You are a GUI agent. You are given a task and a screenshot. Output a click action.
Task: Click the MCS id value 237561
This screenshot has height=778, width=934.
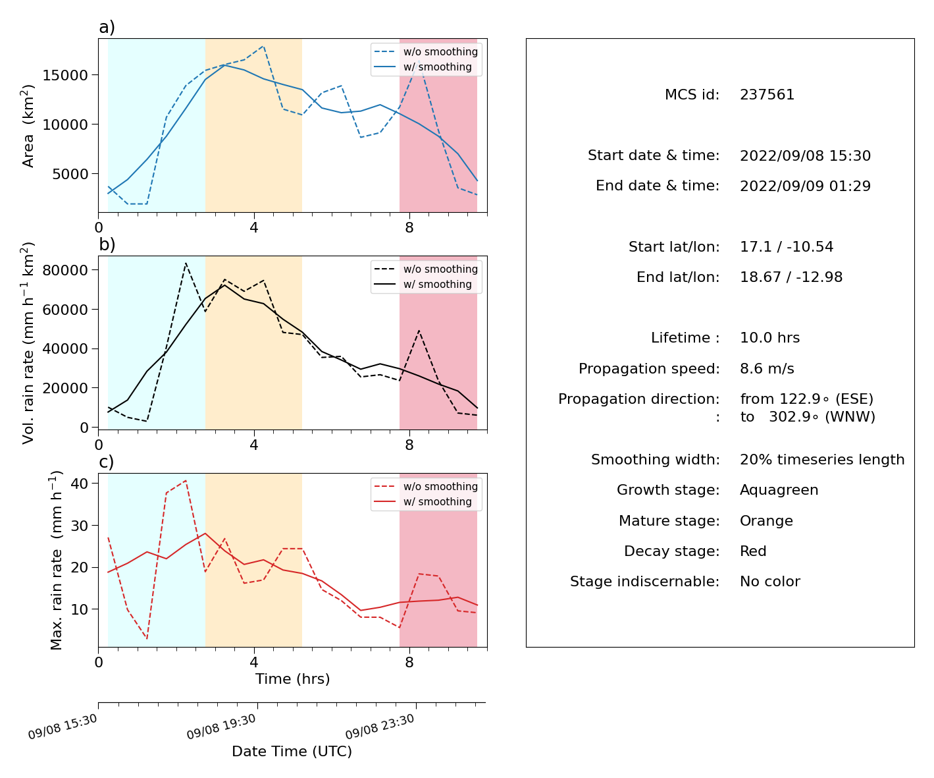(x=767, y=95)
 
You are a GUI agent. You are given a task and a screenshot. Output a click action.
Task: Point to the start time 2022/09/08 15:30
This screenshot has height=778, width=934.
(x=805, y=155)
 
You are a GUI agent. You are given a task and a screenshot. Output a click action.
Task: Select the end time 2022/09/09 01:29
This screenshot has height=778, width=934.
(x=805, y=186)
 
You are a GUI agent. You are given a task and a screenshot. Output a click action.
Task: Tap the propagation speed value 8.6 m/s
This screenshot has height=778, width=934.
(x=767, y=368)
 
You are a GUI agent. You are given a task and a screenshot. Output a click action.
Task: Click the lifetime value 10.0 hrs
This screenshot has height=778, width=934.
(x=769, y=337)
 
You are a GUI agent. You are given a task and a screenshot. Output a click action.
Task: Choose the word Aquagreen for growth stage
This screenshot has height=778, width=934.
(x=779, y=490)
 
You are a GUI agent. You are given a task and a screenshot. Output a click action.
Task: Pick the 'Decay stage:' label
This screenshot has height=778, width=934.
(x=671, y=551)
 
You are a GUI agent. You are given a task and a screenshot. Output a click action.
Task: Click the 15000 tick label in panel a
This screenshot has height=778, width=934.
(x=65, y=75)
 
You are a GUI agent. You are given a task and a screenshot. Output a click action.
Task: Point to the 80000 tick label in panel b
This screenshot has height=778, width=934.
(x=65, y=270)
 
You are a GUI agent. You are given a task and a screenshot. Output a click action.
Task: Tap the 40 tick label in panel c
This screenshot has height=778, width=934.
(x=79, y=484)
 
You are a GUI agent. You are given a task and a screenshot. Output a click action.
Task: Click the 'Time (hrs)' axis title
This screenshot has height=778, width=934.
(x=292, y=679)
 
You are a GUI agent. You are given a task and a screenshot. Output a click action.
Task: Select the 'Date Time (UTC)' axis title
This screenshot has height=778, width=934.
(x=292, y=751)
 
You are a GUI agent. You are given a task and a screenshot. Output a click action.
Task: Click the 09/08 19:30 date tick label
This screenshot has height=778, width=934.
(x=221, y=726)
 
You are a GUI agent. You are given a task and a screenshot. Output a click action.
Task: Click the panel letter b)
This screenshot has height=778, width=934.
(x=107, y=244)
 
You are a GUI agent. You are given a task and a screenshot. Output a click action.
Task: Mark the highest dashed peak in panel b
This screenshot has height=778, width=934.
(x=186, y=264)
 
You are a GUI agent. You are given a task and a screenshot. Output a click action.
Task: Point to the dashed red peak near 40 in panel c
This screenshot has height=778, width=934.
(x=186, y=481)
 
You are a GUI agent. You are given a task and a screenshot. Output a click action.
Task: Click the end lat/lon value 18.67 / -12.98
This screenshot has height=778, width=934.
(x=791, y=277)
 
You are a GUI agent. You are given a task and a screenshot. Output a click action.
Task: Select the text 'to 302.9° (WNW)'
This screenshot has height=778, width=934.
(x=808, y=417)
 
